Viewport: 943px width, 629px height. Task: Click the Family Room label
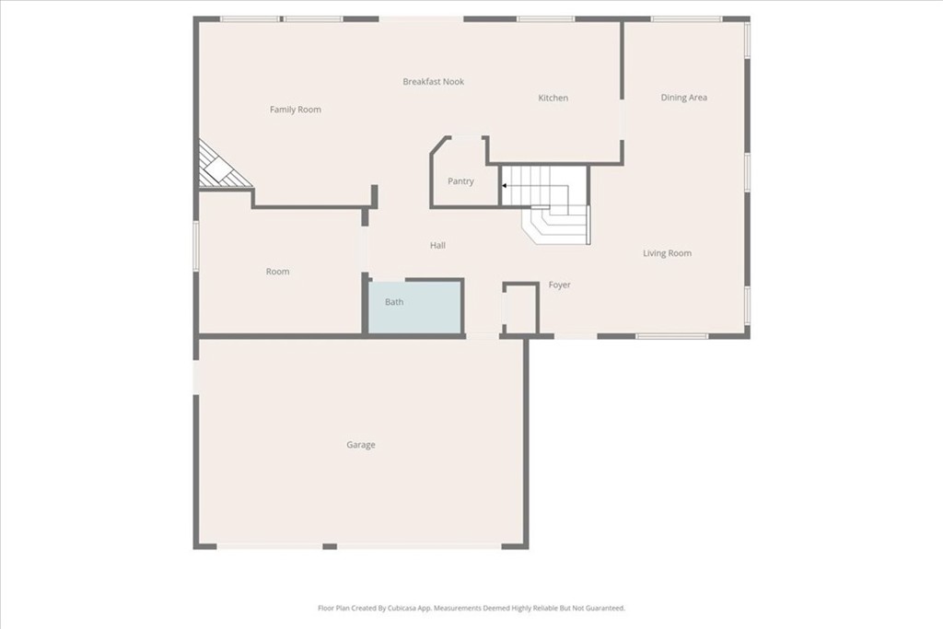[296, 110]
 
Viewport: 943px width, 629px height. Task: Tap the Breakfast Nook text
[433, 82]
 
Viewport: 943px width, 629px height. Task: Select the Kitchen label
[553, 98]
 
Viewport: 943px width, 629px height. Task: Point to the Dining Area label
[684, 98]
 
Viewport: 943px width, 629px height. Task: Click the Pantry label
[460, 181]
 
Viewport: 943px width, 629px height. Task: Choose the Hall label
[437, 245]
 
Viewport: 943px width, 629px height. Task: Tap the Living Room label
[667, 253]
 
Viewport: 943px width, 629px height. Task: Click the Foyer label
[559, 285]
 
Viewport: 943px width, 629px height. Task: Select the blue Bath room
[415, 307]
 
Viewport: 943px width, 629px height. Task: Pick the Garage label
[361, 445]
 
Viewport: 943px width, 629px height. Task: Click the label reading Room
[277, 272]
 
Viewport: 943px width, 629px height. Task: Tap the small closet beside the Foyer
[521, 308]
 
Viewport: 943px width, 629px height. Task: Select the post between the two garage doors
[330, 547]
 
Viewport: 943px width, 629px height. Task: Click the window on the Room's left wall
[195, 245]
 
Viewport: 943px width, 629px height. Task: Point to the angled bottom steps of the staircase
[554, 225]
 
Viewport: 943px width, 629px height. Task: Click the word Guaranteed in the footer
[606, 608]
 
